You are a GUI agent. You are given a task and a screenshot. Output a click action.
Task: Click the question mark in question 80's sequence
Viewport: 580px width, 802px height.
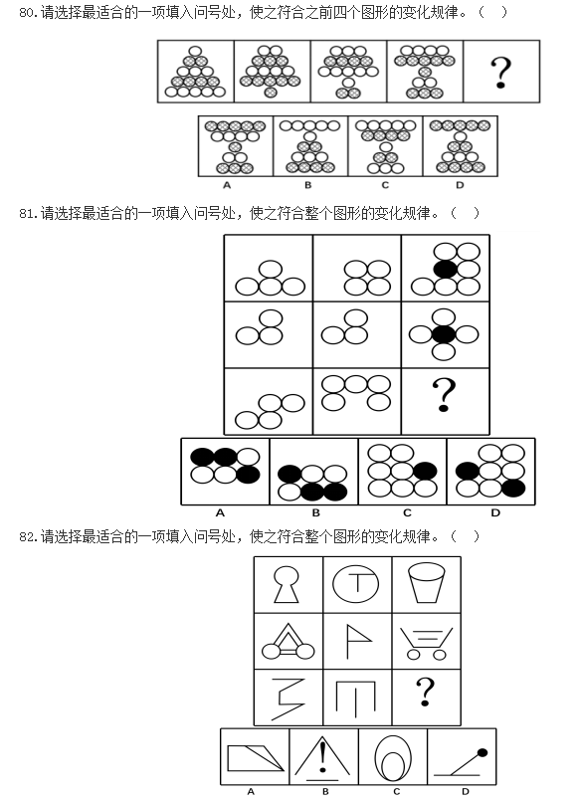pyautogui.click(x=500, y=72)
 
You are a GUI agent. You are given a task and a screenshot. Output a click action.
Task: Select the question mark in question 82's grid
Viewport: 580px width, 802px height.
pyautogui.click(x=425, y=692)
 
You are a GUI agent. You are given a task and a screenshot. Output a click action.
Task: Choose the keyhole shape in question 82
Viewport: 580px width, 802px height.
pyautogui.click(x=287, y=584)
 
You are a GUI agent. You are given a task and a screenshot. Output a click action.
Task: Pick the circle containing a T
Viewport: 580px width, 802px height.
pyautogui.click(x=355, y=584)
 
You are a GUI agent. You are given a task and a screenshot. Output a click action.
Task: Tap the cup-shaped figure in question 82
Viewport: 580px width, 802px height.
pyautogui.click(x=427, y=584)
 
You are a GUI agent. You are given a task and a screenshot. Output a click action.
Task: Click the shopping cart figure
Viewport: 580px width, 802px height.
pyautogui.click(x=426, y=644)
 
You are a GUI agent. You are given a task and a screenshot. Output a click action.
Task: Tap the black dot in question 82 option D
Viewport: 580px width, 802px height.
pyautogui.click(x=482, y=752)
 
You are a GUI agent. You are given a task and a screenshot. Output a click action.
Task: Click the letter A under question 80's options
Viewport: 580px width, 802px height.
pyautogui.click(x=227, y=185)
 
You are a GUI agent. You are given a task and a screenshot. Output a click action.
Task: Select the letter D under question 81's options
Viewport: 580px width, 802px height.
pyautogui.click(x=495, y=512)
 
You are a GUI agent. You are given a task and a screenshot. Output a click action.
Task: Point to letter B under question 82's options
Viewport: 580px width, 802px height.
pyautogui.click(x=325, y=792)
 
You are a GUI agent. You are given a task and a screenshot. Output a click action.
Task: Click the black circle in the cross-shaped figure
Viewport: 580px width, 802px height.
pyautogui.click(x=444, y=334)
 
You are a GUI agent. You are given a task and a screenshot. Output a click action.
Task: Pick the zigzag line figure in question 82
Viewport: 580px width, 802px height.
pyautogui.click(x=288, y=699)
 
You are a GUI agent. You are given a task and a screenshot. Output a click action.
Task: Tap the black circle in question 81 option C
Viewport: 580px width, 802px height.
pyautogui.click(x=425, y=471)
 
